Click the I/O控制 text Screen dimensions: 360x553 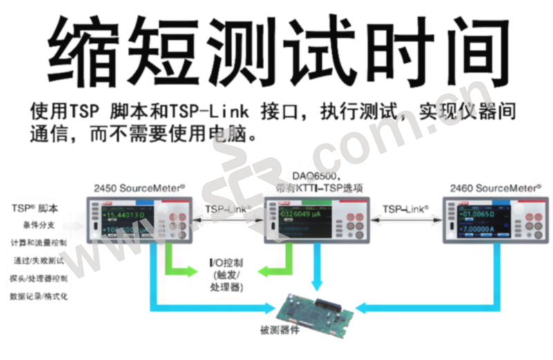(x=225, y=264)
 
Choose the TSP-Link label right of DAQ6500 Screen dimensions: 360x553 (x=406, y=207)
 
